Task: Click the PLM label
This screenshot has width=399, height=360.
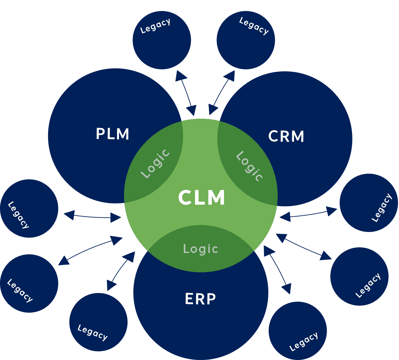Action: click(x=113, y=134)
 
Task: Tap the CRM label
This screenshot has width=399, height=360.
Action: click(x=286, y=136)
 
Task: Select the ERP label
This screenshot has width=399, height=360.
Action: click(x=200, y=299)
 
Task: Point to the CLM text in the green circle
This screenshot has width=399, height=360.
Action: click(x=202, y=197)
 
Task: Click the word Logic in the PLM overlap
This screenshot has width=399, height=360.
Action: click(x=155, y=163)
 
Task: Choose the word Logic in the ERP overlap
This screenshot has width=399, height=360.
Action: click(x=201, y=249)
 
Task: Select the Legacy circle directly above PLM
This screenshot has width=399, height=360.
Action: click(x=162, y=40)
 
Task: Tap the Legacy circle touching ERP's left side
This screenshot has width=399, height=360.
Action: click(x=98, y=322)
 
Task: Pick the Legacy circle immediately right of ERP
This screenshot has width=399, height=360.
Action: click(x=298, y=331)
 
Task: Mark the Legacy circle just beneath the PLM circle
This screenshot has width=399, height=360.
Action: click(x=29, y=208)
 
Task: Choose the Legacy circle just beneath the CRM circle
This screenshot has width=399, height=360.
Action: click(x=369, y=203)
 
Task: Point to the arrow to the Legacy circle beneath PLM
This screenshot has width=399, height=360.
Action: click(x=92, y=217)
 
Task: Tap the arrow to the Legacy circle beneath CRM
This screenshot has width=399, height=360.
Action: click(x=308, y=214)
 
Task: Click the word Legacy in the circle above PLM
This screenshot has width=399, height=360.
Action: click(x=155, y=26)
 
